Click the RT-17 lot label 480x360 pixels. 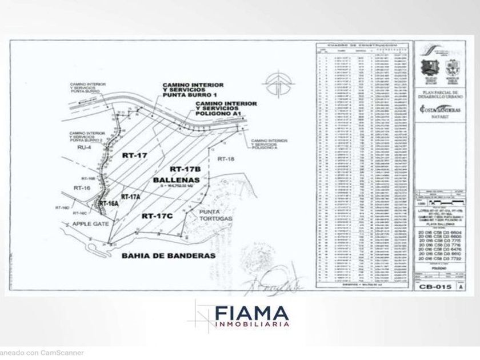[134, 155]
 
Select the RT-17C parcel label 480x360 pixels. [156, 216]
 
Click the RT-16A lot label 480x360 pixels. [108, 203]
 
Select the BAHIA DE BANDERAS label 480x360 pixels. [169, 256]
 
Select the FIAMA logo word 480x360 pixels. [251, 314]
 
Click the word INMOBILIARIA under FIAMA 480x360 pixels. [251, 325]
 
